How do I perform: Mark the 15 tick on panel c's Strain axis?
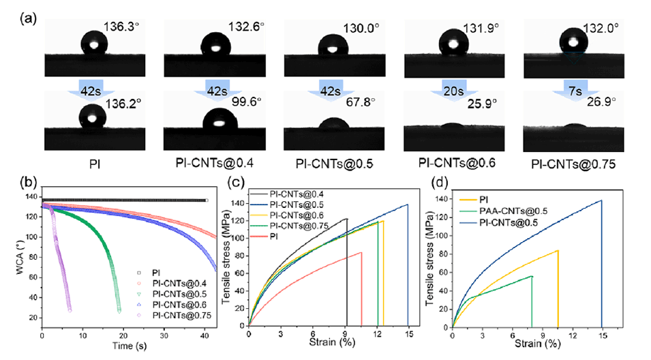[x=408, y=334]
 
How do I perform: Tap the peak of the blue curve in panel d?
[x=601, y=200]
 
